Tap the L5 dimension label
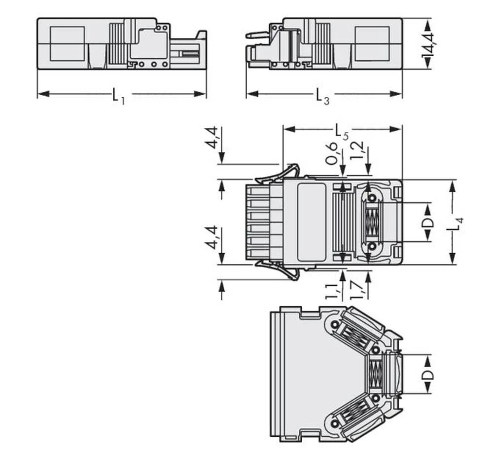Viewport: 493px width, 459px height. click(342, 131)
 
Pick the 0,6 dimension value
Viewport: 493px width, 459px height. click(332, 153)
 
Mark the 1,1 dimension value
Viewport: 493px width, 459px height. click(332, 291)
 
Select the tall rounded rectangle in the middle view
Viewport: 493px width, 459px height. click(312, 222)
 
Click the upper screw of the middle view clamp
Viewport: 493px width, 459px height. click(372, 198)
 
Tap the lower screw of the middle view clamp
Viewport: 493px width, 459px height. click(372, 246)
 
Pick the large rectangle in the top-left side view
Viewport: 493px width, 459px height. click(68, 44)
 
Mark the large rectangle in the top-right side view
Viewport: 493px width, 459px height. click(372, 44)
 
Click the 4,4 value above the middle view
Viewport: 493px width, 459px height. click(211, 138)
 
